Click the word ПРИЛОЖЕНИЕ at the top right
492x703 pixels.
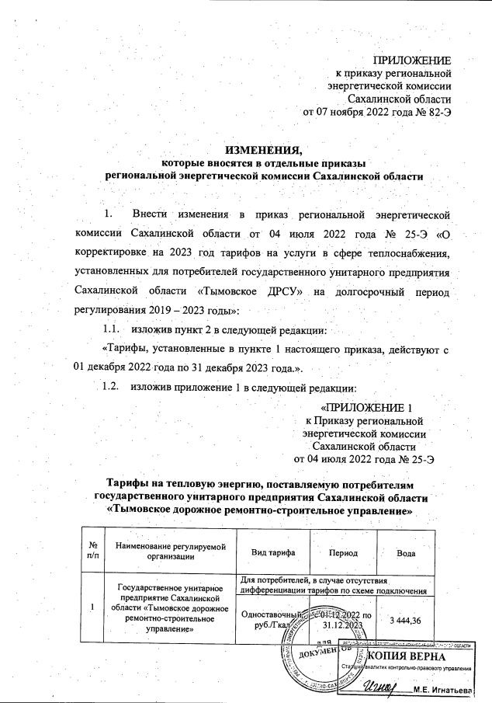(413, 60)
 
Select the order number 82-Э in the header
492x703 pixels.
(435, 112)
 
